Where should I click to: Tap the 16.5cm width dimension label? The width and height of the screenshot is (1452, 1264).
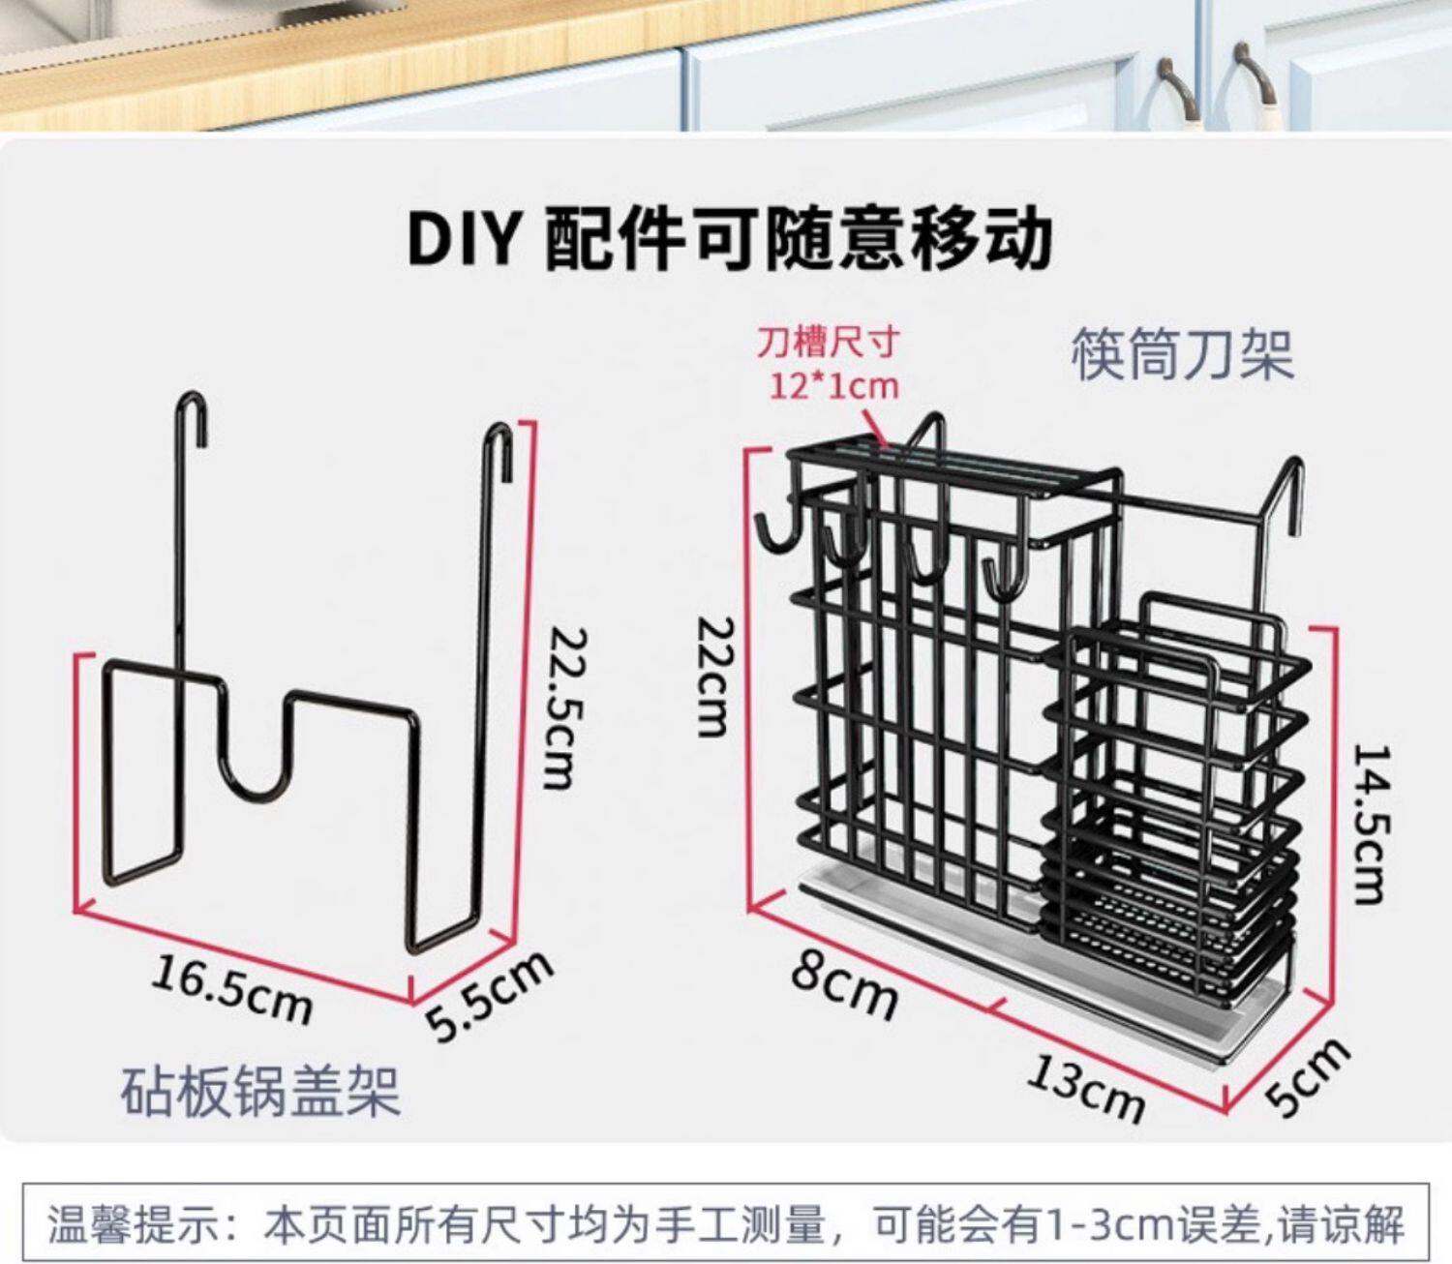232,988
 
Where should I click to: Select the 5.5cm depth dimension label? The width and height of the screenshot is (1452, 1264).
490,996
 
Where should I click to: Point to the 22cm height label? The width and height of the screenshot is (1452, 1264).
716,677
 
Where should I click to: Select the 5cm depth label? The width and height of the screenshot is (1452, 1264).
1307,1075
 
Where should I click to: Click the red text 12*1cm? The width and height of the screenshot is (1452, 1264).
833,386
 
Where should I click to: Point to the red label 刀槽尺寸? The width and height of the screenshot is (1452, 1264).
828,343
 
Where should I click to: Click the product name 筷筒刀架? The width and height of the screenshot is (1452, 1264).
1182,355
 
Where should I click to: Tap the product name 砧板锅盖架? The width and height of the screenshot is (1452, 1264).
260,1091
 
